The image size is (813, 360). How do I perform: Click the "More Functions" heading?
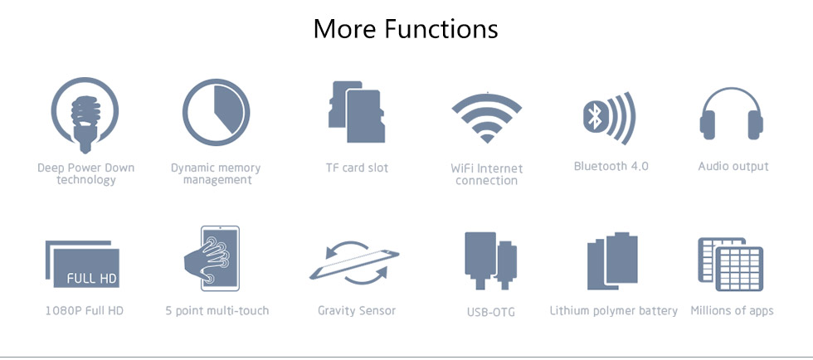pos(406,29)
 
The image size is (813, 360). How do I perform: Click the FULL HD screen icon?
pos(82,264)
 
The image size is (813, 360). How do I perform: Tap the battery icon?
pos(612,261)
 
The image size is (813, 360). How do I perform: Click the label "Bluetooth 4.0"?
pos(611,167)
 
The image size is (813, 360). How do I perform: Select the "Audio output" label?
pos(733,167)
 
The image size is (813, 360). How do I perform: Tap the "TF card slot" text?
pos(357,168)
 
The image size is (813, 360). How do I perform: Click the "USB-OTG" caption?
pos(490,312)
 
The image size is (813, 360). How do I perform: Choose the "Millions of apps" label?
pos(732,311)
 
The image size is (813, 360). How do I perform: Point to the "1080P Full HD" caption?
pos(84,311)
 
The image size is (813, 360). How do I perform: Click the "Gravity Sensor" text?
pos(357,311)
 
